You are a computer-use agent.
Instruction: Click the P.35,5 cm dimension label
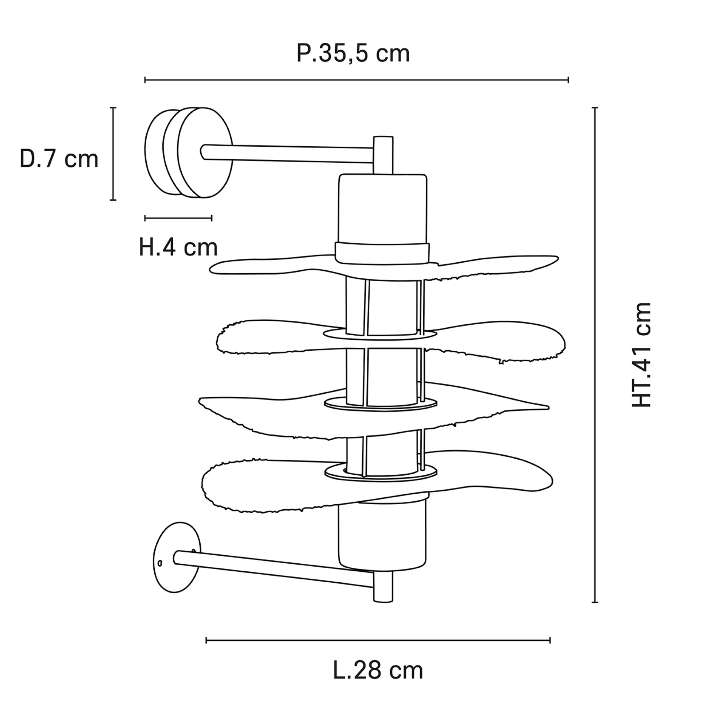pyautogui.click(x=353, y=54)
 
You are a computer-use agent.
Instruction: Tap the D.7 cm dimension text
pyautogui.click(x=59, y=159)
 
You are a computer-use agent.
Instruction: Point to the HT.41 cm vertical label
pyautogui.click(x=641, y=355)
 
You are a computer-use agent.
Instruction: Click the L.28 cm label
pyautogui.click(x=378, y=671)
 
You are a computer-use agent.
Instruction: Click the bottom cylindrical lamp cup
pyautogui.click(x=382, y=532)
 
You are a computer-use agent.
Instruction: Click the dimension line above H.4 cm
pyautogui.click(x=178, y=218)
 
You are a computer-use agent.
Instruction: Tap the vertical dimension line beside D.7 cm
pyautogui.click(x=113, y=154)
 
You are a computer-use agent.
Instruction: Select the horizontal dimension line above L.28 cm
pyautogui.click(x=378, y=641)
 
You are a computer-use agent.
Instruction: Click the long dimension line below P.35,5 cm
pyautogui.click(x=356, y=80)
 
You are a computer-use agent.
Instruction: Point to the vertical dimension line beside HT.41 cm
pyautogui.click(x=595, y=355)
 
